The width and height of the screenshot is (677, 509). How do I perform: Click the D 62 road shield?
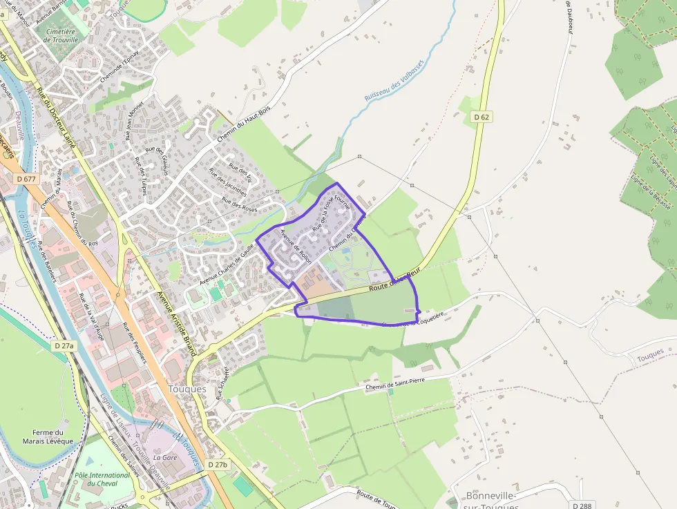pos(481,117)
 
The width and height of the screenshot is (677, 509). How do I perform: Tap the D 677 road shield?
pos(26,179)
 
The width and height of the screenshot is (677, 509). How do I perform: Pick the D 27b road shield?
pos(218,465)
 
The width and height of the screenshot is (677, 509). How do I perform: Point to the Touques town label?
pos(187,389)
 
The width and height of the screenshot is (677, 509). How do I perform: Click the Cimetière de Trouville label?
pos(61,36)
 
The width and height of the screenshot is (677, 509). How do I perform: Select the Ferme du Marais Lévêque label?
pos(48,436)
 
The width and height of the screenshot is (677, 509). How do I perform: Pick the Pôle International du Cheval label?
pos(102,479)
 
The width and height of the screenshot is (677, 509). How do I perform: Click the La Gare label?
pos(166,457)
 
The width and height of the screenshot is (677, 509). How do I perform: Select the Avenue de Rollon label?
pos(296,247)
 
